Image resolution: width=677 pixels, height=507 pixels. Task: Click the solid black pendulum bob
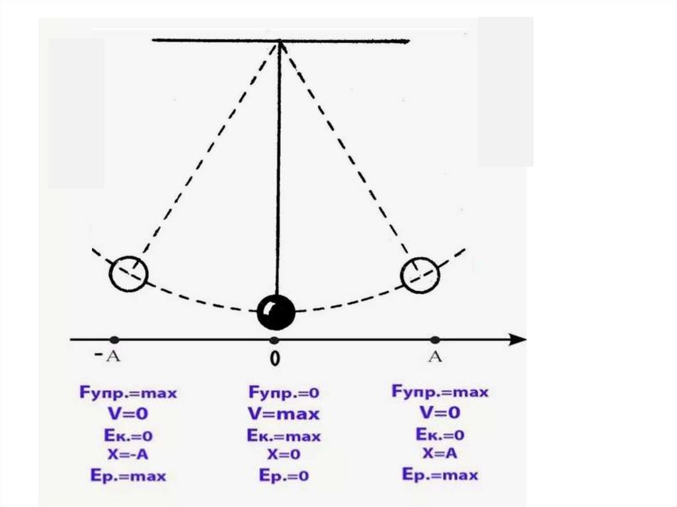click(276, 311)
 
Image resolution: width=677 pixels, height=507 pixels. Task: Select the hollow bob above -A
click(128, 272)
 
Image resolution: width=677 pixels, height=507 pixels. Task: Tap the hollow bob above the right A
click(420, 274)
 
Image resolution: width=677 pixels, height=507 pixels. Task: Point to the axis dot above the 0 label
click(274, 340)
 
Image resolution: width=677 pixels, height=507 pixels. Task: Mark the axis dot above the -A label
click(114, 340)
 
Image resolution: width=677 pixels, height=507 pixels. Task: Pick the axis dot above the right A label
click(434, 340)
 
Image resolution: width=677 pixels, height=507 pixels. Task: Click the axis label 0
click(275, 359)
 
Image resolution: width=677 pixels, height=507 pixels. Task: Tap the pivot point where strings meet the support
click(280, 42)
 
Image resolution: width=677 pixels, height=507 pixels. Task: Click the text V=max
click(283, 414)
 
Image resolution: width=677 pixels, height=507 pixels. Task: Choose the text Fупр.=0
click(284, 393)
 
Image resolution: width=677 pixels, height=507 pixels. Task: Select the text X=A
click(440, 453)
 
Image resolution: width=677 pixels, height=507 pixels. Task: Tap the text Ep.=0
click(283, 476)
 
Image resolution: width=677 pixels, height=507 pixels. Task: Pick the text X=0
click(283, 455)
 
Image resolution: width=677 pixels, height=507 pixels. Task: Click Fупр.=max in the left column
click(128, 393)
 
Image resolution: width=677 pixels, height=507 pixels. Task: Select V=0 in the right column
click(440, 413)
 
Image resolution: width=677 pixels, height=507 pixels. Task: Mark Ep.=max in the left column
click(128, 475)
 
